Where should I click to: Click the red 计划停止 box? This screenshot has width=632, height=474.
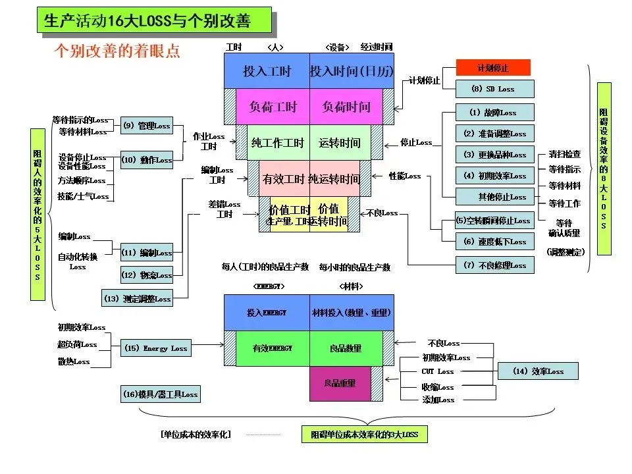coord(493,68)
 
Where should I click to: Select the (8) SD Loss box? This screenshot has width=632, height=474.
coord(494,89)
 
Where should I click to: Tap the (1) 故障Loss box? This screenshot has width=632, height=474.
coord(494,113)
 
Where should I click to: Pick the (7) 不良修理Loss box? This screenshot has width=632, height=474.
coord(494,265)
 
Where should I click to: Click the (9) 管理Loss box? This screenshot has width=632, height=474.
coord(146,126)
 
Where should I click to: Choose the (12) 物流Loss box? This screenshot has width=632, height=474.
coord(146,275)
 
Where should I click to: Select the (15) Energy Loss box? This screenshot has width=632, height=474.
coord(155,348)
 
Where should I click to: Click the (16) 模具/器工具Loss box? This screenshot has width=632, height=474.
coord(160,394)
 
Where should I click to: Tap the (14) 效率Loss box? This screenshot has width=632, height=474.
coord(538,371)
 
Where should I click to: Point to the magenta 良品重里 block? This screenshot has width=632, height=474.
coord(340,383)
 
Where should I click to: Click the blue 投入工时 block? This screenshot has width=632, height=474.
coord(267,71)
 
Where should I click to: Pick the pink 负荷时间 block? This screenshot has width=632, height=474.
coord(346,107)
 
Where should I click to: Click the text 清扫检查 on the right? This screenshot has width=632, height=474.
coord(564,154)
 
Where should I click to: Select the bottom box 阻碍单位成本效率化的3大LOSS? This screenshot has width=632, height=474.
coord(364,434)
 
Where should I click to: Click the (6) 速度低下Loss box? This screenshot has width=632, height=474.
coord(494,242)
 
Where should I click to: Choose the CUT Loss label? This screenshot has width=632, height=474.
coord(438,372)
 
